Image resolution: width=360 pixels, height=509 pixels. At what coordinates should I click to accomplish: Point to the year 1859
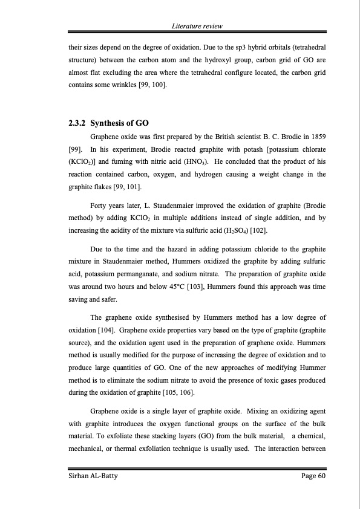click(x=316, y=137)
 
